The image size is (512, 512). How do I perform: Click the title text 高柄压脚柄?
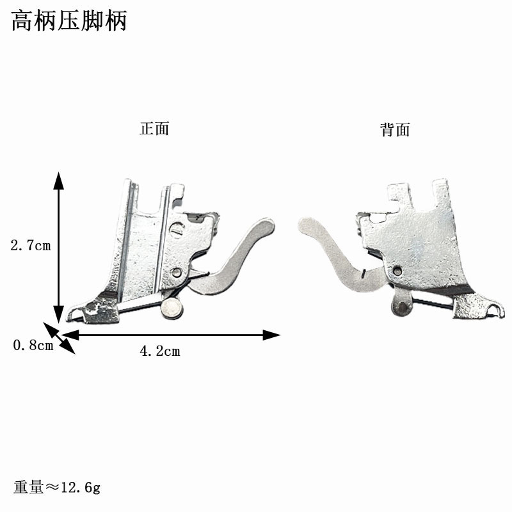point(69,21)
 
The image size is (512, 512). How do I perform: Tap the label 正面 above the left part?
point(154,129)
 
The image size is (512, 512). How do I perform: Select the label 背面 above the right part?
point(394,130)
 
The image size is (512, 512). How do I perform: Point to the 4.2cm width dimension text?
point(159,351)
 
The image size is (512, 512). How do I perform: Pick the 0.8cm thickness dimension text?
point(33,346)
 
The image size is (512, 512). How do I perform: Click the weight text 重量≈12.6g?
point(57,488)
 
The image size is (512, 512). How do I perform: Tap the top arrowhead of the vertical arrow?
point(58,180)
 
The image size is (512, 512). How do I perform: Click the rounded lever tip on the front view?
point(266,226)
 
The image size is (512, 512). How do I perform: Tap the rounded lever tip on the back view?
point(308,225)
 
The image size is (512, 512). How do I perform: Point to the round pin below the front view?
point(171,310)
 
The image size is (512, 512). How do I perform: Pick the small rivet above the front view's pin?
point(177,273)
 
